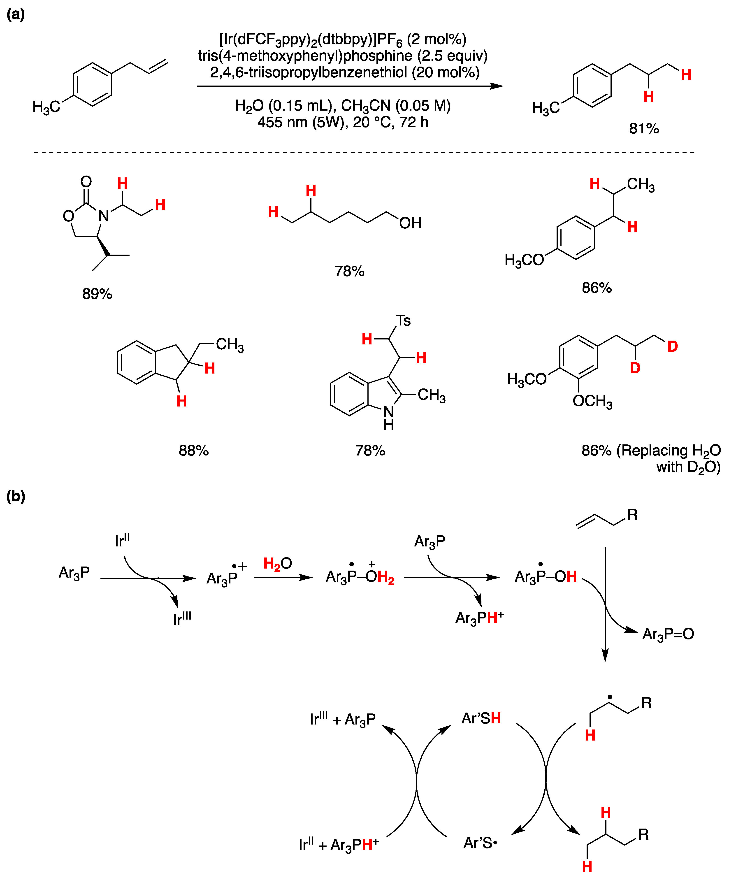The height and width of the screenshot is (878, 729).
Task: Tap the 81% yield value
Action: point(644,128)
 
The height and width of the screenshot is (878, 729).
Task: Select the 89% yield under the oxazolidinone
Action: point(97,294)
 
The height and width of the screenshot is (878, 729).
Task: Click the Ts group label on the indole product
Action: point(403,321)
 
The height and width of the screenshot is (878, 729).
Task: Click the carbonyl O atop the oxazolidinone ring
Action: point(86,181)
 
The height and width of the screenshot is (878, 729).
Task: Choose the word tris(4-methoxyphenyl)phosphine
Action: point(305,56)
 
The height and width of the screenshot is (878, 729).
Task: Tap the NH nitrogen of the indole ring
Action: point(389,412)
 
